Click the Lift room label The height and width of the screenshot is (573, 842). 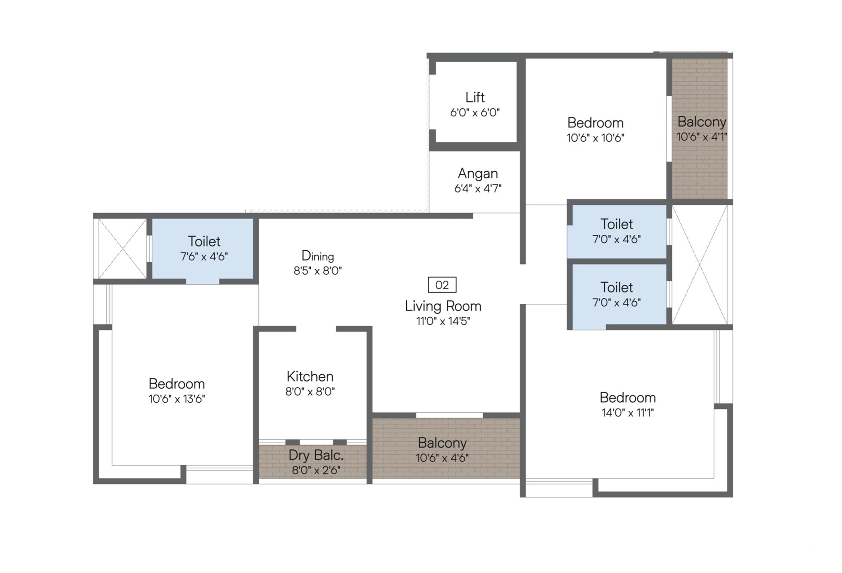(475, 97)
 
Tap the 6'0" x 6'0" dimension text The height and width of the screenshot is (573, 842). (475, 113)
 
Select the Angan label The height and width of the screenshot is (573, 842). (478, 173)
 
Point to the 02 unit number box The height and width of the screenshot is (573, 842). (442, 285)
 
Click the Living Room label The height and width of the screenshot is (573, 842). (443, 306)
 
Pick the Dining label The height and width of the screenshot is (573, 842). (317, 255)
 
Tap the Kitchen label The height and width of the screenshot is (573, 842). (310, 376)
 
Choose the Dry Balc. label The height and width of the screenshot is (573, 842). (316, 455)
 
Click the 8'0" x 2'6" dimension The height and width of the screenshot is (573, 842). (316, 470)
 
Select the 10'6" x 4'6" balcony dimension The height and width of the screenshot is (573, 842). (442, 458)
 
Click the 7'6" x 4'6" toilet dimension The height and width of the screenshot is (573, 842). (204, 257)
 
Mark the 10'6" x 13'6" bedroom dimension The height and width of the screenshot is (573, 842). (176, 399)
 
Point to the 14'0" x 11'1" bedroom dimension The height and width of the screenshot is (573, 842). (627, 413)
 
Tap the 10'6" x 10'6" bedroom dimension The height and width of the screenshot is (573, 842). (595, 138)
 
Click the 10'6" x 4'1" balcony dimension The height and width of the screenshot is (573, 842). (701, 137)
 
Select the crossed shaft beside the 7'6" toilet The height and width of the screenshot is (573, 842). (122, 249)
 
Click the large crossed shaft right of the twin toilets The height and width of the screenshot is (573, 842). (699, 265)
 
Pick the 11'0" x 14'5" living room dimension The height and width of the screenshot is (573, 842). (443, 321)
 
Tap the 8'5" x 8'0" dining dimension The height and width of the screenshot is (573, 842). (317, 271)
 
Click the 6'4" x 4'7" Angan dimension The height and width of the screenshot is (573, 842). (478, 188)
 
